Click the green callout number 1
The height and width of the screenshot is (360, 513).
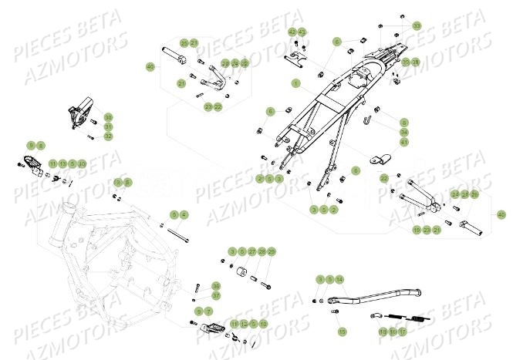click(295, 82)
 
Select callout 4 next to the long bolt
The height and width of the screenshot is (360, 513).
click(184, 214)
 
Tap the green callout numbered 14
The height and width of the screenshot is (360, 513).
click(340, 278)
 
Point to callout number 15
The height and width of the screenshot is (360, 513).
click(340, 329)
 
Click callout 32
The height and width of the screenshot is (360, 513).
click(108, 136)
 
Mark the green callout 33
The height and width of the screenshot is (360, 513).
click(417, 25)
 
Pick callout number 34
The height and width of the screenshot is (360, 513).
click(404, 133)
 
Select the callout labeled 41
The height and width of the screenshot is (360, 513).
click(404, 142)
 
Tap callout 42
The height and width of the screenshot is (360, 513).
click(292, 32)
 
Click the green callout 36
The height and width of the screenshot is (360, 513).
click(194, 285)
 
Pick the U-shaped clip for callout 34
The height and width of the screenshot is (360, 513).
click(370, 119)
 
